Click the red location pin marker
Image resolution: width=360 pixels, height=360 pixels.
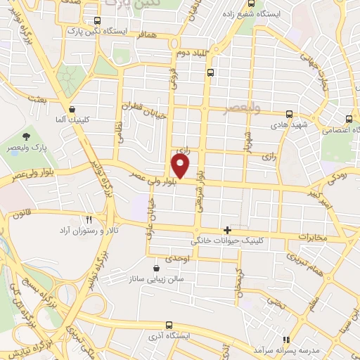[181, 166]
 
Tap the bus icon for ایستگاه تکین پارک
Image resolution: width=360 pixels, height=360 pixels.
[96, 20]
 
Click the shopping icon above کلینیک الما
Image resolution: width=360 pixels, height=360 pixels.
[73, 108]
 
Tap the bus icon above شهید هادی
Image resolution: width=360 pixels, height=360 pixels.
[289, 113]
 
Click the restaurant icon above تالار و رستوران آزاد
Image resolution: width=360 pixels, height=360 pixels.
[89, 219]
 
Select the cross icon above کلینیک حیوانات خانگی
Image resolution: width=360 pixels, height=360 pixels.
[226, 229]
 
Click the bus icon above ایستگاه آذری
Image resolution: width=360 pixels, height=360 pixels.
[168, 324]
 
